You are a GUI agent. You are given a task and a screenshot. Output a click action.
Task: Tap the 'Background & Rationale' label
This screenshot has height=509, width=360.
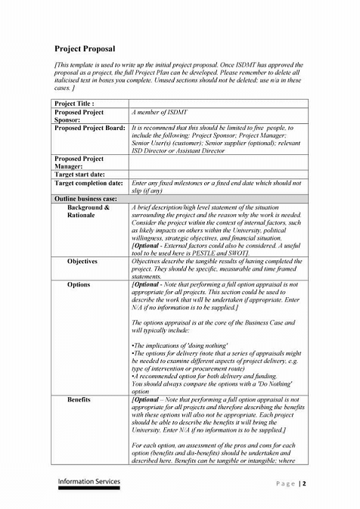[88, 211]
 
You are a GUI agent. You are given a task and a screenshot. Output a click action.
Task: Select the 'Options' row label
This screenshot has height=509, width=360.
[78, 284]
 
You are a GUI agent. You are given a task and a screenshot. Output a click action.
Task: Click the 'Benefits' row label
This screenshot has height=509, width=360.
[79, 397]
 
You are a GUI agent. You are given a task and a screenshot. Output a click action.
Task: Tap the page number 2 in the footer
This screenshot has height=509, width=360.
[304, 484]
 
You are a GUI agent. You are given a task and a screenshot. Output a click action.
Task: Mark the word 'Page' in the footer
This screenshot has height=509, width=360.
[284, 484]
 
